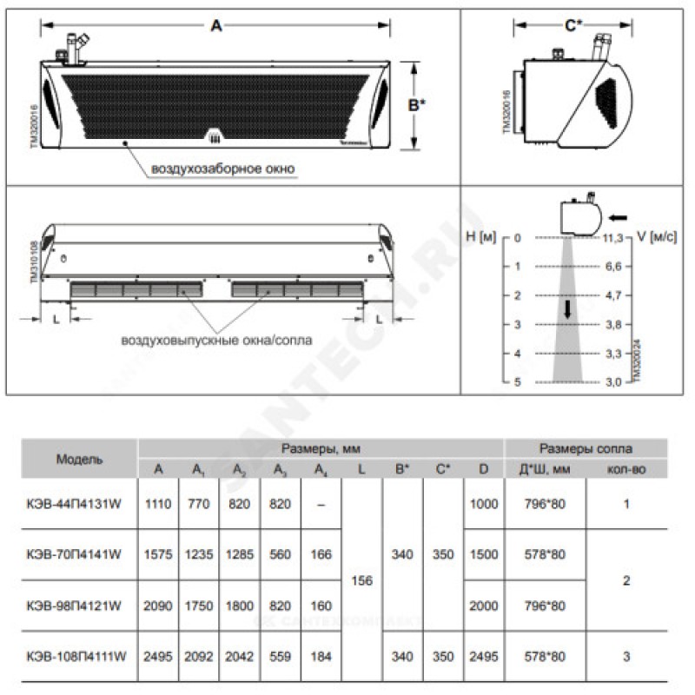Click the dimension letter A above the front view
tap(216, 25)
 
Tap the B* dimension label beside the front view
tap(417, 105)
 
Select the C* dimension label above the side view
tap(574, 25)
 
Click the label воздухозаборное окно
tap(223, 167)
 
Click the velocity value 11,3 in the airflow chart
tap(612, 237)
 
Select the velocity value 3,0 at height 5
tap(613, 381)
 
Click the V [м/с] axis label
tap(655, 237)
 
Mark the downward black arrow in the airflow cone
tap(566, 308)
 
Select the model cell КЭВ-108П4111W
tap(79, 657)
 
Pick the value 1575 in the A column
tap(158, 554)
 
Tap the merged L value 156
tap(361, 580)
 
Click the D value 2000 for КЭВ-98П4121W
tap(484, 606)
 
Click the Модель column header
tap(79, 459)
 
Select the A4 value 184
tap(321, 657)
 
